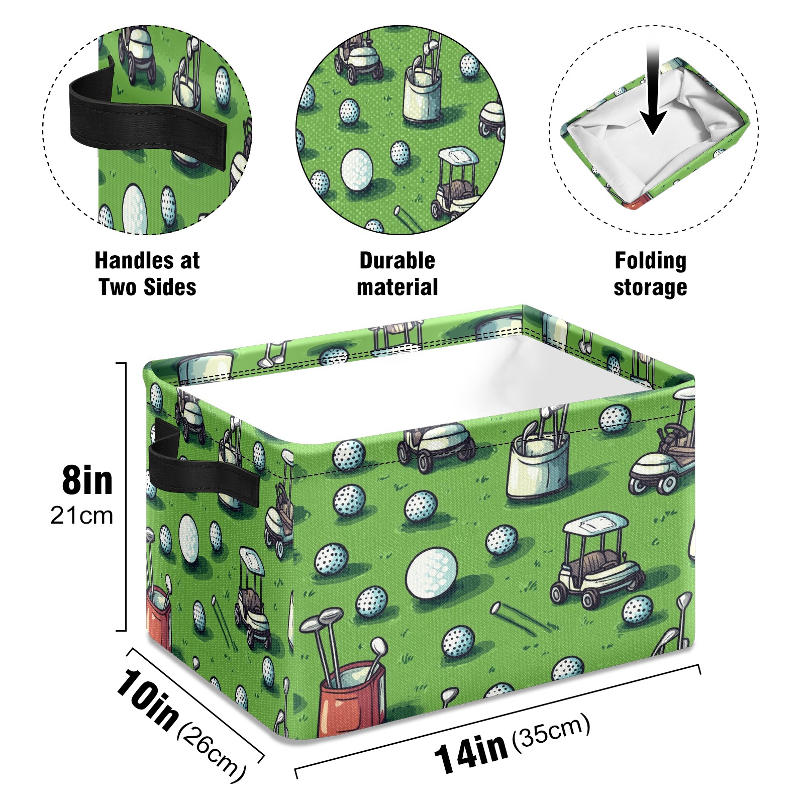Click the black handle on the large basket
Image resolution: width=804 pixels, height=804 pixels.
201,472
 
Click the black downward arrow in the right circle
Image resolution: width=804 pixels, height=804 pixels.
653,95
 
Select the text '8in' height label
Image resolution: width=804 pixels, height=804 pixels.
87,481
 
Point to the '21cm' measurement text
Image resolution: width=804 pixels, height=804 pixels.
81,516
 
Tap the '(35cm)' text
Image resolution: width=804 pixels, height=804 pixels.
551,732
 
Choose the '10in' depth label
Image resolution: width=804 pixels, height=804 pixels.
147,699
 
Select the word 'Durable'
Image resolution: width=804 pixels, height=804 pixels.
397,261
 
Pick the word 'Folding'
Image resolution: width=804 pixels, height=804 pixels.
650,261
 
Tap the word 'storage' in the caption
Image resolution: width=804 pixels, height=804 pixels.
650,287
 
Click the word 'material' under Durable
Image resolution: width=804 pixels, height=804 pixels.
397,287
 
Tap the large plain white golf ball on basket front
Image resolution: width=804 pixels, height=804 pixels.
432,573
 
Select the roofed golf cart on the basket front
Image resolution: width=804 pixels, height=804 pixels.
595,560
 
